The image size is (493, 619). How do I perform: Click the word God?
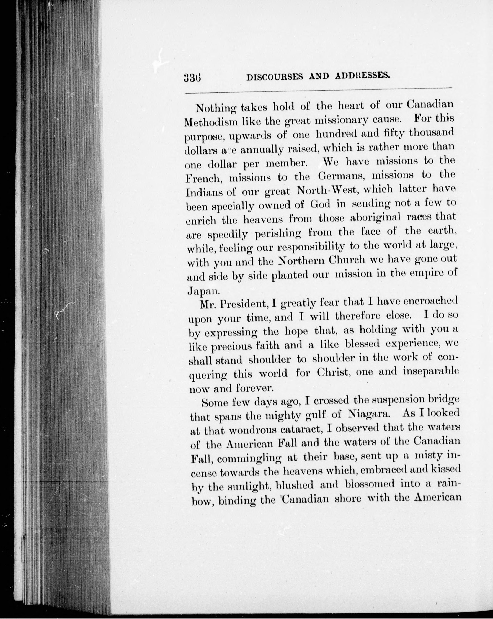pos(320,204)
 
